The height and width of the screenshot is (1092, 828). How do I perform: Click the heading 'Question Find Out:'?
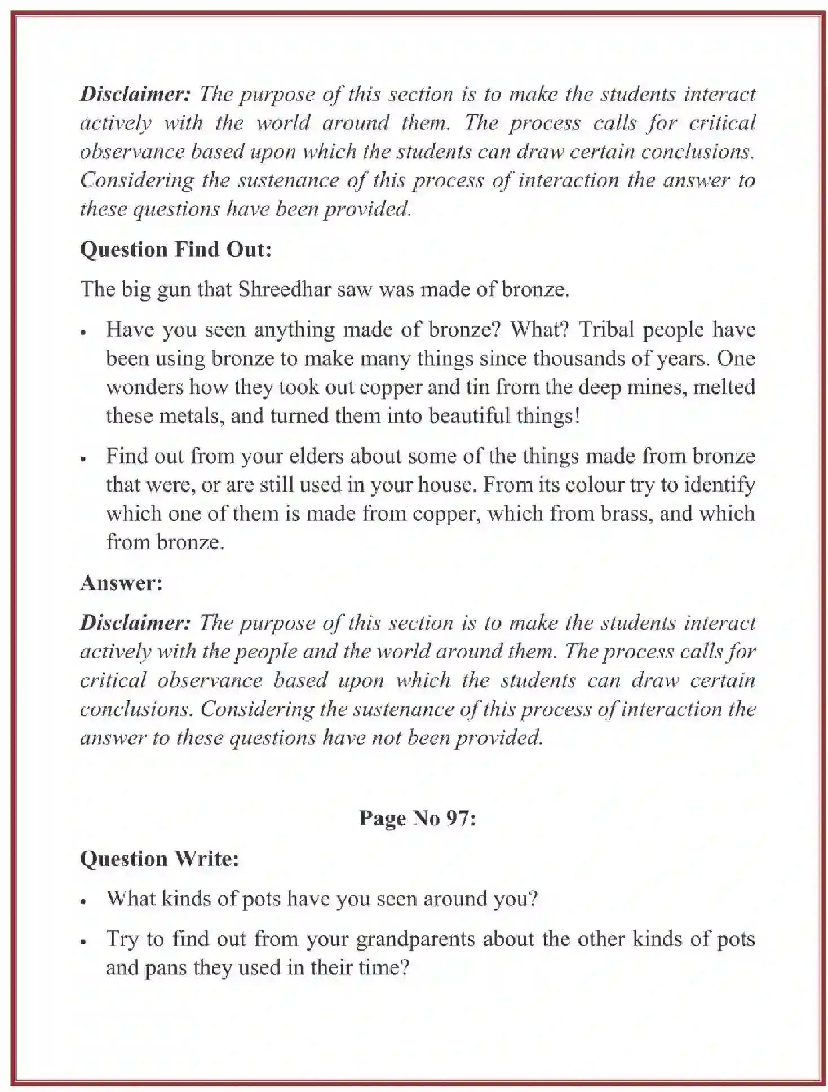[x=176, y=250]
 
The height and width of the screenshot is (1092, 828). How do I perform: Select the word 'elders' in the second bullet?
[x=316, y=456]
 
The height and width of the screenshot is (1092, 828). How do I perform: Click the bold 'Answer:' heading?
[x=121, y=582]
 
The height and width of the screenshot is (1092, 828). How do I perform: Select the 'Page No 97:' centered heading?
[x=418, y=818]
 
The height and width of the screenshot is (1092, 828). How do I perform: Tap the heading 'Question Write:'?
[x=160, y=859]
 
